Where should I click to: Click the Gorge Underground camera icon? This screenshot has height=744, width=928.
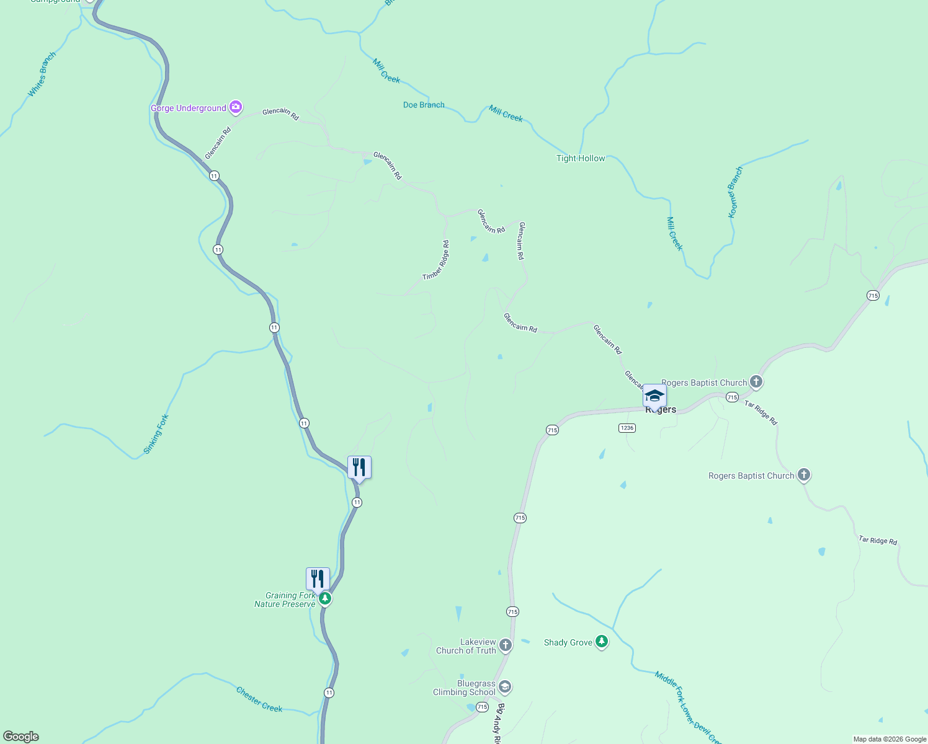236,108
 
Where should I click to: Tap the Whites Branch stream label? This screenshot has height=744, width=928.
42,74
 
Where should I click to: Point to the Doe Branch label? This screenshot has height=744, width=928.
424,105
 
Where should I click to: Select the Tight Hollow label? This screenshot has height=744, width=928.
581,158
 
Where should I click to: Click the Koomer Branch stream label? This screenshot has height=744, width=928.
735,192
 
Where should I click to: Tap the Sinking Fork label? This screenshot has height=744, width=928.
156,434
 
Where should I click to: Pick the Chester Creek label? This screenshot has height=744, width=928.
259,699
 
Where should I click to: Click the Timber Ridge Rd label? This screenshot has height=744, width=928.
436,260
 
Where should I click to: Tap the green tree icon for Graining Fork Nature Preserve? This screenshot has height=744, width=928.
325,599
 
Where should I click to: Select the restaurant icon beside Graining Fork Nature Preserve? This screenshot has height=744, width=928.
318,579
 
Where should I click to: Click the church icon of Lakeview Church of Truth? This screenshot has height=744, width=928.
506,646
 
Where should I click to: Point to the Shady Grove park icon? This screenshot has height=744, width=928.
601,642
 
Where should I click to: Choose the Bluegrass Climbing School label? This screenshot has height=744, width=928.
465,688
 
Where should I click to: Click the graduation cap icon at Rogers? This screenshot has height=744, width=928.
654,396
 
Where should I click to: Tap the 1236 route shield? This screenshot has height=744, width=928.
627,428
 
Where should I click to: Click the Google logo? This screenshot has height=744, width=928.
21,737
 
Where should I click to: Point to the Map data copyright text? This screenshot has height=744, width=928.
890,739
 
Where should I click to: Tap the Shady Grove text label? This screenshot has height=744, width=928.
568,642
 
